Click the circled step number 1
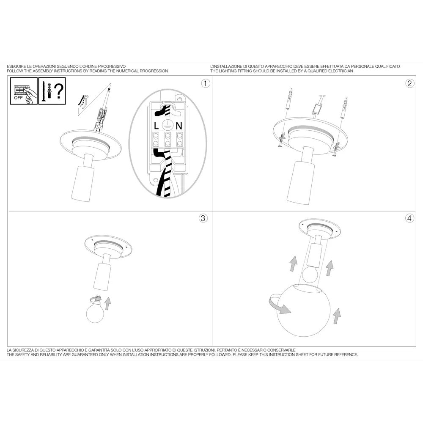point(206,84)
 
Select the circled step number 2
point(409,84)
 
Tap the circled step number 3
point(203,218)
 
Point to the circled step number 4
point(409,218)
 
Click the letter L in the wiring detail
point(156,126)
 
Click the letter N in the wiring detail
point(179,126)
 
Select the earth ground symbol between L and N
point(167,126)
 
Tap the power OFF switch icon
point(24,91)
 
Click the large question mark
point(59,91)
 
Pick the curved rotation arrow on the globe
point(279,304)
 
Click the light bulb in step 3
point(95,310)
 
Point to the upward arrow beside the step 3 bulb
point(107,303)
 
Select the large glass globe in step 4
point(303,310)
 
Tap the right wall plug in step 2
point(344,108)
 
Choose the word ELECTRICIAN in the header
point(341,71)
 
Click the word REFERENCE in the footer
point(346,354)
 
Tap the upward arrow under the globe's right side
point(337,316)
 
